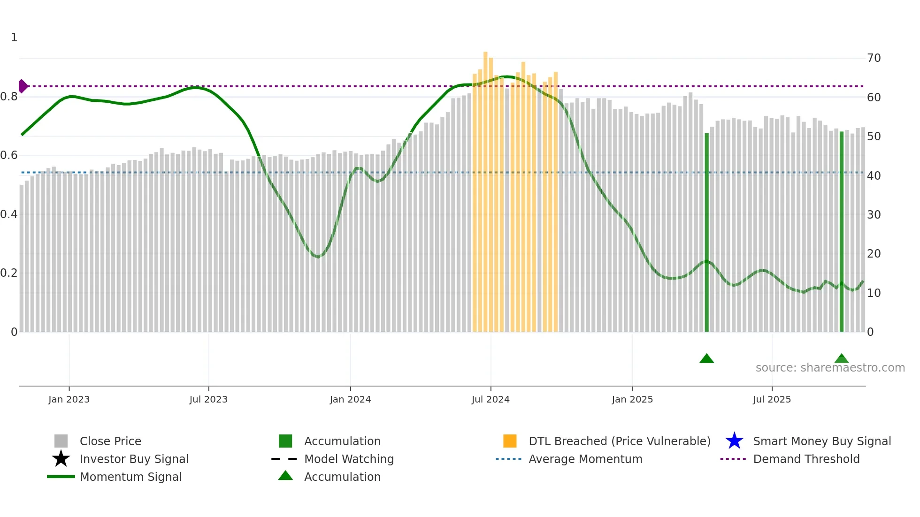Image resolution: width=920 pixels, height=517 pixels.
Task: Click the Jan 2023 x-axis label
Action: point(69,400)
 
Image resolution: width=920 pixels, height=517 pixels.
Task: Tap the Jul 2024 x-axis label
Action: point(491,400)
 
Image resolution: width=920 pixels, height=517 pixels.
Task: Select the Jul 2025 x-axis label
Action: point(772,400)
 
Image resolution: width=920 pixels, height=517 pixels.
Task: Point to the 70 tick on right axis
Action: point(874,58)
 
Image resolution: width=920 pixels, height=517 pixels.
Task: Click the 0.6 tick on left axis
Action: point(9,155)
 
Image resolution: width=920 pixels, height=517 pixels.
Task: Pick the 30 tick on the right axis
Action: point(874,215)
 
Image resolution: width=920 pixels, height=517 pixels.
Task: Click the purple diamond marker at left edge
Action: point(23,86)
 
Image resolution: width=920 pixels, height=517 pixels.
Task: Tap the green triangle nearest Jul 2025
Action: point(841,359)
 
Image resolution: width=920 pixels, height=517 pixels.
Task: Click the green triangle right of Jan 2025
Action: point(706,359)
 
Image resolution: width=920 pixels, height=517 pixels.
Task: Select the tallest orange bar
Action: point(485,188)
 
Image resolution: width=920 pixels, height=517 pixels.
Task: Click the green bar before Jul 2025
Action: point(706,235)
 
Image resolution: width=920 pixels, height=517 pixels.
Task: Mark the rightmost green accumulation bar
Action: point(841,235)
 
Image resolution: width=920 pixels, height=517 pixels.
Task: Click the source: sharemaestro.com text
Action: point(830,368)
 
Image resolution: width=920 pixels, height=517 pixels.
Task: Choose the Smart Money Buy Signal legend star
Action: point(734,441)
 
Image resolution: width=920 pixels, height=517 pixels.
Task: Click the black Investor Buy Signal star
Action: point(61,459)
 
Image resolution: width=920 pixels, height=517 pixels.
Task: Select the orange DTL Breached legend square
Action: point(510,441)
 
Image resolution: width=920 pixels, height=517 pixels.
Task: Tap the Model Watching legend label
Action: point(349,459)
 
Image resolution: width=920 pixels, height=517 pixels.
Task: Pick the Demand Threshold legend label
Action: point(806,459)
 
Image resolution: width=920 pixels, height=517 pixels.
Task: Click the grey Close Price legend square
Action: point(61,441)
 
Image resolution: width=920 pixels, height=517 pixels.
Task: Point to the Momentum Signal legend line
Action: point(61,477)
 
